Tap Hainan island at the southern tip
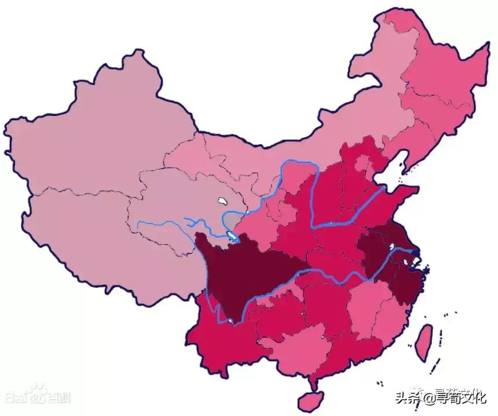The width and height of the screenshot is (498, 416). tap(311, 399)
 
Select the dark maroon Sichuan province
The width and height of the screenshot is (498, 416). tap(243, 273)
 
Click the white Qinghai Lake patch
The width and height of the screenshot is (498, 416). tap(221, 202)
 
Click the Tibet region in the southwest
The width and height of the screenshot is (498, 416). tap(104, 244)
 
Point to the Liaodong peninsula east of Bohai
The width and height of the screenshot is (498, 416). tap(408, 162)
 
